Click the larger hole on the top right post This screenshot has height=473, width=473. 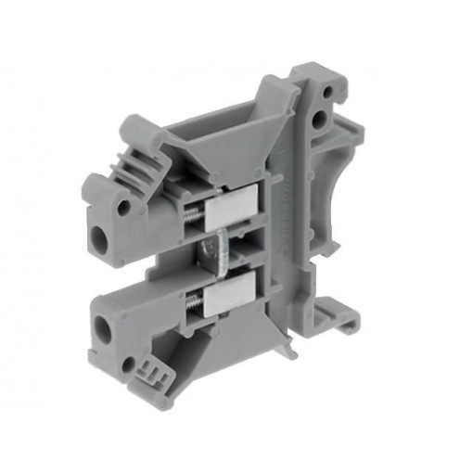click(x=320, y=120)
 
